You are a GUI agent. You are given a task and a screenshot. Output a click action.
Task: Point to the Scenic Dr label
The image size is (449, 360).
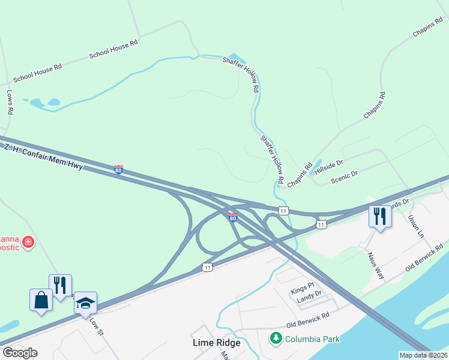pos(345,178)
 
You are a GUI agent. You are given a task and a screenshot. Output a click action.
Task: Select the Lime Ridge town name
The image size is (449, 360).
pos(216,343)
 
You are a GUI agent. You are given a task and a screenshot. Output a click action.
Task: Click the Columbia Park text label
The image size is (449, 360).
pos(312,338)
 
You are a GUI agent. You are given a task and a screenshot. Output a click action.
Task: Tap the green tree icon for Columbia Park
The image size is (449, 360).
pos(276,338)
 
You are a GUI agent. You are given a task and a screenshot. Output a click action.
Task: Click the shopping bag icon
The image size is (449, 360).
pos(41,299)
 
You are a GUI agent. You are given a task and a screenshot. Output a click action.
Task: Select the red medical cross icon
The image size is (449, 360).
pos(28,242)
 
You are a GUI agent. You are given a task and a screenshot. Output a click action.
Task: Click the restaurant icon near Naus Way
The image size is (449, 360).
pos(379,215)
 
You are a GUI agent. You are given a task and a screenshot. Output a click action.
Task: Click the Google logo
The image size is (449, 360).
pos(20,352)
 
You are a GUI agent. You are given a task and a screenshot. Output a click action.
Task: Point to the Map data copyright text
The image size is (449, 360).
pos(424,355)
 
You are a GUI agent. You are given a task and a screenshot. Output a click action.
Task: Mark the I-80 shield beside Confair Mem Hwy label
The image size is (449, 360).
pos(118,170)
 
